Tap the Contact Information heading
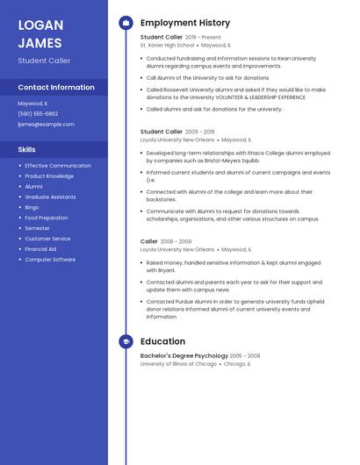point(56,88)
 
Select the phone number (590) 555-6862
point(38,113)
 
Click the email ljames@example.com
point(46,125)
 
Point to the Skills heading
point(27,150)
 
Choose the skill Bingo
point(32,207)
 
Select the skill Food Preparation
point(47,218)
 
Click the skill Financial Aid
point(40,249)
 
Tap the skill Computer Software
point(50,260)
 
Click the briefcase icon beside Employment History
point(126,23)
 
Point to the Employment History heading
point(185,23)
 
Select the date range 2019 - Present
point(203,38)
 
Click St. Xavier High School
point(168,45)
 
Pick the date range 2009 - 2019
point(199,132)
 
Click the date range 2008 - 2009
point(176,241)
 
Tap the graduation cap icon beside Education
point(126,341)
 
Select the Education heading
point(162,341)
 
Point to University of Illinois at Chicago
point(178,363)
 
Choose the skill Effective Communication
point(58,166)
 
